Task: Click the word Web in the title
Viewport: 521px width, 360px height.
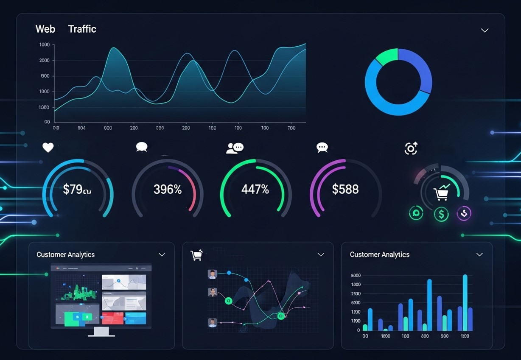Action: pos(45,29)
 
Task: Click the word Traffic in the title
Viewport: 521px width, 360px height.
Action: pos(82,29)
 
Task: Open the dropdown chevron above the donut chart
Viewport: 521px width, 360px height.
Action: pos(485,31)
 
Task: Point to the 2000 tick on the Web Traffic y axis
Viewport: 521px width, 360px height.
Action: pos(45,60)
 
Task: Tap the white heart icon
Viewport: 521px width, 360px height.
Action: pos(48,148)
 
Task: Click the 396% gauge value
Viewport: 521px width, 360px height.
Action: pos(167,189)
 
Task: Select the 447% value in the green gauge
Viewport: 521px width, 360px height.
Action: pos(255,189)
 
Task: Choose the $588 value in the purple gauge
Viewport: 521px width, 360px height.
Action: pos(345,189)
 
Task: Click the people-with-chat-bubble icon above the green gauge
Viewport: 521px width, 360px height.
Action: pos(235,148)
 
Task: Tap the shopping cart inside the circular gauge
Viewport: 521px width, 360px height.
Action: pos(441,194)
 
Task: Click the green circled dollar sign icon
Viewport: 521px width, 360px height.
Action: pos(441,214)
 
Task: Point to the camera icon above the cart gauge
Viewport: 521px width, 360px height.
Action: pos(411,148)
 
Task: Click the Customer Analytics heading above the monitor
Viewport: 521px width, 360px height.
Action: pos(65,254)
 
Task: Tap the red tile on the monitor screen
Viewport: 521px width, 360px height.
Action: pos(112,318)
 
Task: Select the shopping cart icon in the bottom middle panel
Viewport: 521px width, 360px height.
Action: pos(196,255)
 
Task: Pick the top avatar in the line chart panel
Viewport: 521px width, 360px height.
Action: pos(213,274)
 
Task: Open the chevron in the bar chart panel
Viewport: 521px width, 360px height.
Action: pos(479,254)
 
